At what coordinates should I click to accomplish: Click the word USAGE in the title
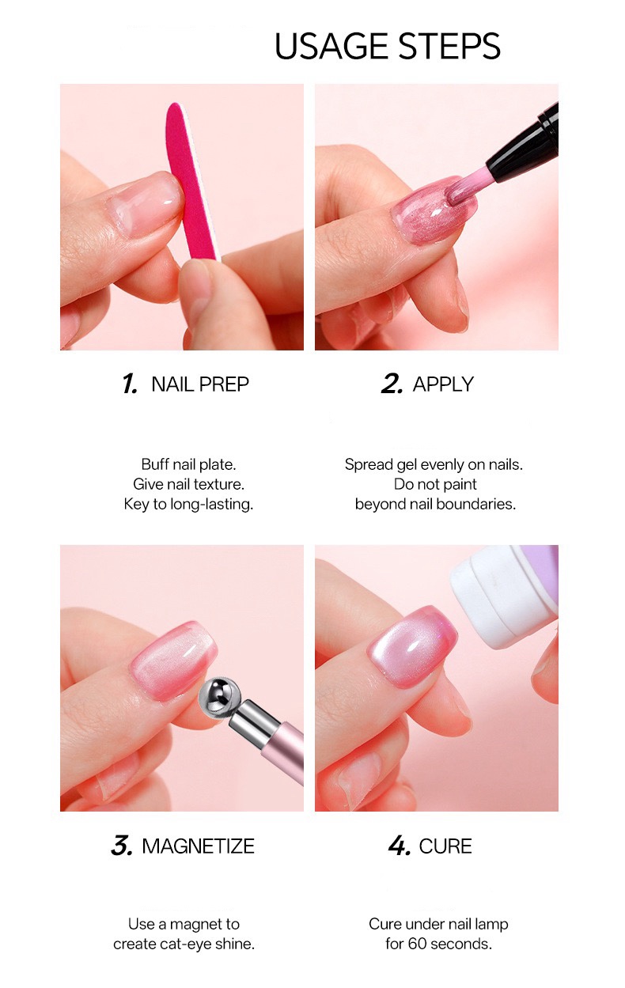[333, 46]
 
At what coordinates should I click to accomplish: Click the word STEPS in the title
[449, 46]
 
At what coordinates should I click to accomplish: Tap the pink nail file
[191, 181]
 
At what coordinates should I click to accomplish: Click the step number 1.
[130, 384]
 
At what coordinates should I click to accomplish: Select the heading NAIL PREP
[200, 384]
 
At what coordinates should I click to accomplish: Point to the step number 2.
[392, 384]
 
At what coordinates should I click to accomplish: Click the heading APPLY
[443, 384]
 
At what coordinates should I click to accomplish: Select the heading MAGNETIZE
[198, 846]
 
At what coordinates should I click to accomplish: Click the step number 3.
[122, 846]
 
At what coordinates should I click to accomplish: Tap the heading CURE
[445, 846]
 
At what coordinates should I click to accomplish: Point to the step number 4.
[400, 846]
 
